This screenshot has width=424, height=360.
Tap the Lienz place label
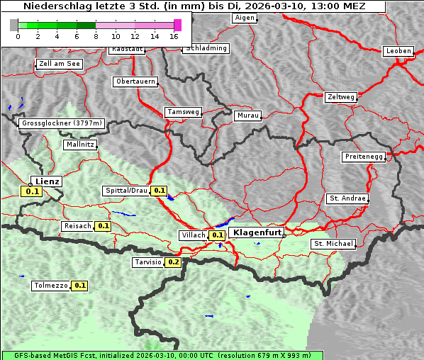pyautogui.click(x=48, y=181)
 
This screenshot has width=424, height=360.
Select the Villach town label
pyautogui.click(x=193, y=235)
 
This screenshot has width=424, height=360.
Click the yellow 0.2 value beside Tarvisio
pyautogui.click(x=173, y=262)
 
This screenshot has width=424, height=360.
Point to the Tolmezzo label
pyautogui.click(x=50, y=286)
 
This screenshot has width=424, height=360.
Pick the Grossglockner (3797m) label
pyautogui.click(x=62, y=123)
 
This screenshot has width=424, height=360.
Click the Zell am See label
pyautogui.click(x=60, y=64)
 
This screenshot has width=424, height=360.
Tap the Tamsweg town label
pyautogui.click(x=184, y=112)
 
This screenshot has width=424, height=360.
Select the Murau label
pyautogui.click(x=248, y=115)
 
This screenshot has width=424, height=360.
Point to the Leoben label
pyautogui.click(x=398, y=51)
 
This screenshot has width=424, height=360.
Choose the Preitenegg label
pyautogui.click(x=364, y=157)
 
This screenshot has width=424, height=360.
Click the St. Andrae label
pyautogui.click(x=347, y=198)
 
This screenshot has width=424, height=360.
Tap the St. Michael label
pyautogui.click(x=333, y=244)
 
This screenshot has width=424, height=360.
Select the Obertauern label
pyautogui.click(x=135, y=81)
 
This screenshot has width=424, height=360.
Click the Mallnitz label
pyautogui.click(x=79, y=145)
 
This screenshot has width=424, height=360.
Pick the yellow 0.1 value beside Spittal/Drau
pyautogui.click(x=160, y=191)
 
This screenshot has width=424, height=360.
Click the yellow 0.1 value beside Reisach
pyautogui.click(x=104, y=226)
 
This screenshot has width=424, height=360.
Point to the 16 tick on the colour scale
pyautogui.click(x=174, y=36)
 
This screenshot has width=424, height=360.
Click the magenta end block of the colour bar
pyautogui.click(x=177, y=25)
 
